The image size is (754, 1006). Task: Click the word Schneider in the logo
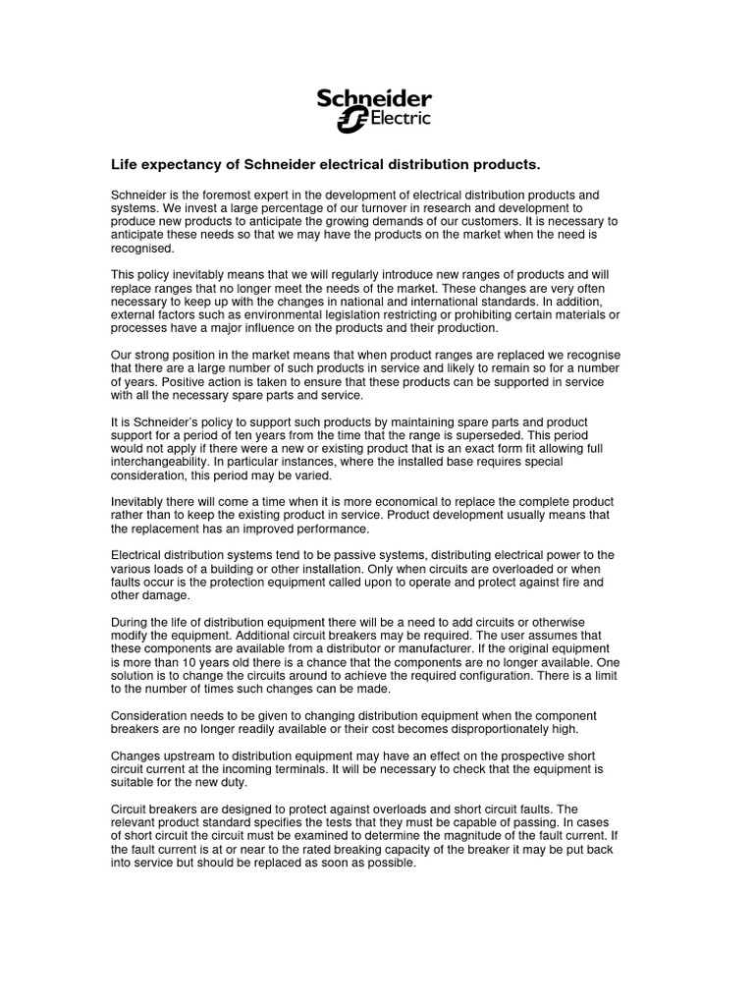(373, 99)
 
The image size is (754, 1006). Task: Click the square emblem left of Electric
(350, 121)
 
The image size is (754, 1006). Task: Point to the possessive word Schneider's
(154, 418)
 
